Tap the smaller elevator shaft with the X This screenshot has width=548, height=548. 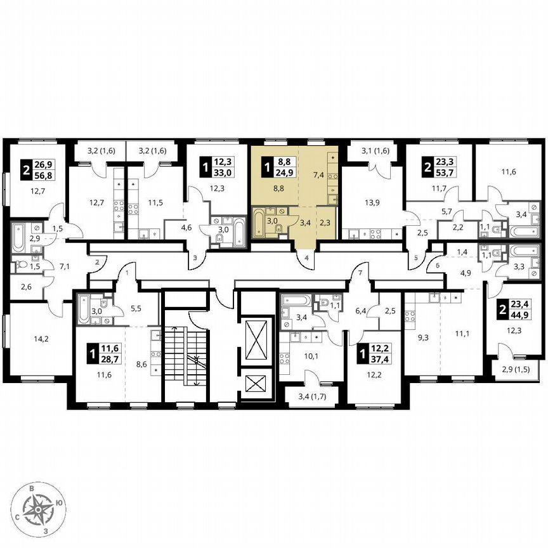[257, 385]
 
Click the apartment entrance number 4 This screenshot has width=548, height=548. [306, 258]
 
